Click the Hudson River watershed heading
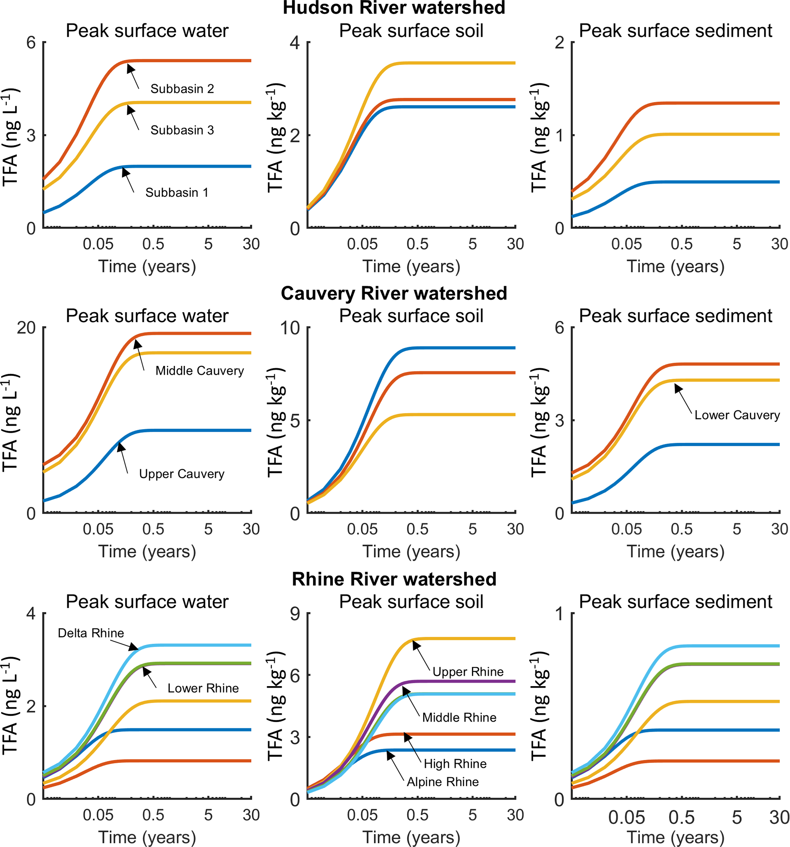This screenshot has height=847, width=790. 394,8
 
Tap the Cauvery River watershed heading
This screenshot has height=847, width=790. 394,293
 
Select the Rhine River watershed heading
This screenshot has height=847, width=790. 394,579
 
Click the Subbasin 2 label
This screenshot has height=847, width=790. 182,89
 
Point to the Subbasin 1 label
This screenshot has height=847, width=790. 177,193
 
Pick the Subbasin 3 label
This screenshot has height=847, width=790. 182,130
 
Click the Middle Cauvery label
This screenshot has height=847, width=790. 200,371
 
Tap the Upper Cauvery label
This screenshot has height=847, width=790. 182,474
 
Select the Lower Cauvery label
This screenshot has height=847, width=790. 737,415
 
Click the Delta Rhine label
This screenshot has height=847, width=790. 91,633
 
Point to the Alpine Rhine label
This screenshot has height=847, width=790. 443,782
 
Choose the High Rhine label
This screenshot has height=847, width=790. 455,763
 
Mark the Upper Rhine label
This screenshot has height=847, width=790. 468,672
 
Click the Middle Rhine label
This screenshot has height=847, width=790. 459,717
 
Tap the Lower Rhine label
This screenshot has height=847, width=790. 203,688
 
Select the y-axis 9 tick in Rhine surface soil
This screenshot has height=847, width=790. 295,614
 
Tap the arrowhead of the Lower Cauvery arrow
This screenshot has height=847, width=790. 678,388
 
